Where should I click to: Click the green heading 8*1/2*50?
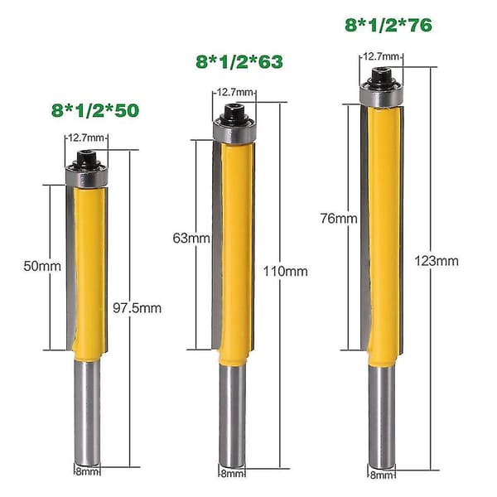point(95,110)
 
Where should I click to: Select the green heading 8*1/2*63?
point(239,61)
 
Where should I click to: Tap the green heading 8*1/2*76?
point(388,25)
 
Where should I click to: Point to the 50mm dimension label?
point(42,266)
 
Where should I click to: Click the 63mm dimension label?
point(191,238)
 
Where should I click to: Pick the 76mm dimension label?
point(339,219)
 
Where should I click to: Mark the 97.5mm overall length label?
point(137,308)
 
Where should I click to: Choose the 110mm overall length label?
point(285,272)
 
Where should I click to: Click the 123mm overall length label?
point(437,261)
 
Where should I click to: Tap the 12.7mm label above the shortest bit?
point(86,138)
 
